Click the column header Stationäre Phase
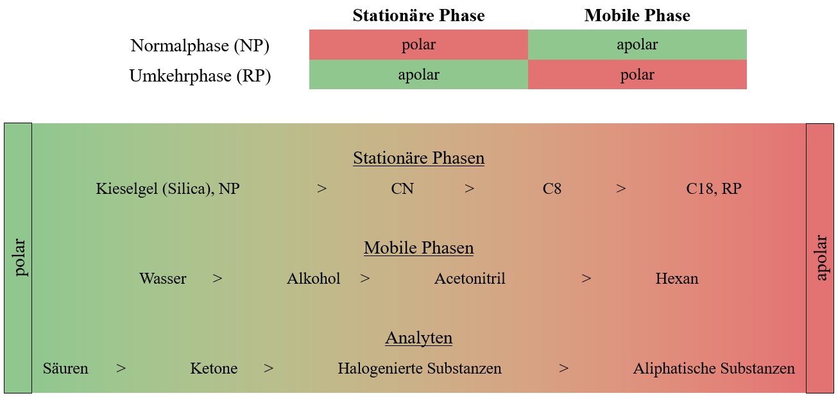point(418,15)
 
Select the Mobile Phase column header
point(637,15)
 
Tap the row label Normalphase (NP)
point(200,46)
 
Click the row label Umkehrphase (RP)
point(200,76)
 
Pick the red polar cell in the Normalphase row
point(418,44)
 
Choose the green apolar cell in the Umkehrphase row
point(418,74)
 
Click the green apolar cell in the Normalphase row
point(637,44)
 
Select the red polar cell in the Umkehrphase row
point(637,74)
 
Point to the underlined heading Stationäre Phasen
point(418,158)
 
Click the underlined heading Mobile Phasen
point(418,248)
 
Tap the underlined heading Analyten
point(418,338)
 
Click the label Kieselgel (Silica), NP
point(167,189)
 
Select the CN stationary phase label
point(402,189)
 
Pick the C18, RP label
point(714,189)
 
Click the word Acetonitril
point(470,279)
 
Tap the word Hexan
point(677,279)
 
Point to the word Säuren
point(65,368)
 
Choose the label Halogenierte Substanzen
point(420,368)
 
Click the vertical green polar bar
point(18,258)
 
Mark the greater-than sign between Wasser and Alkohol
point(218,279)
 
